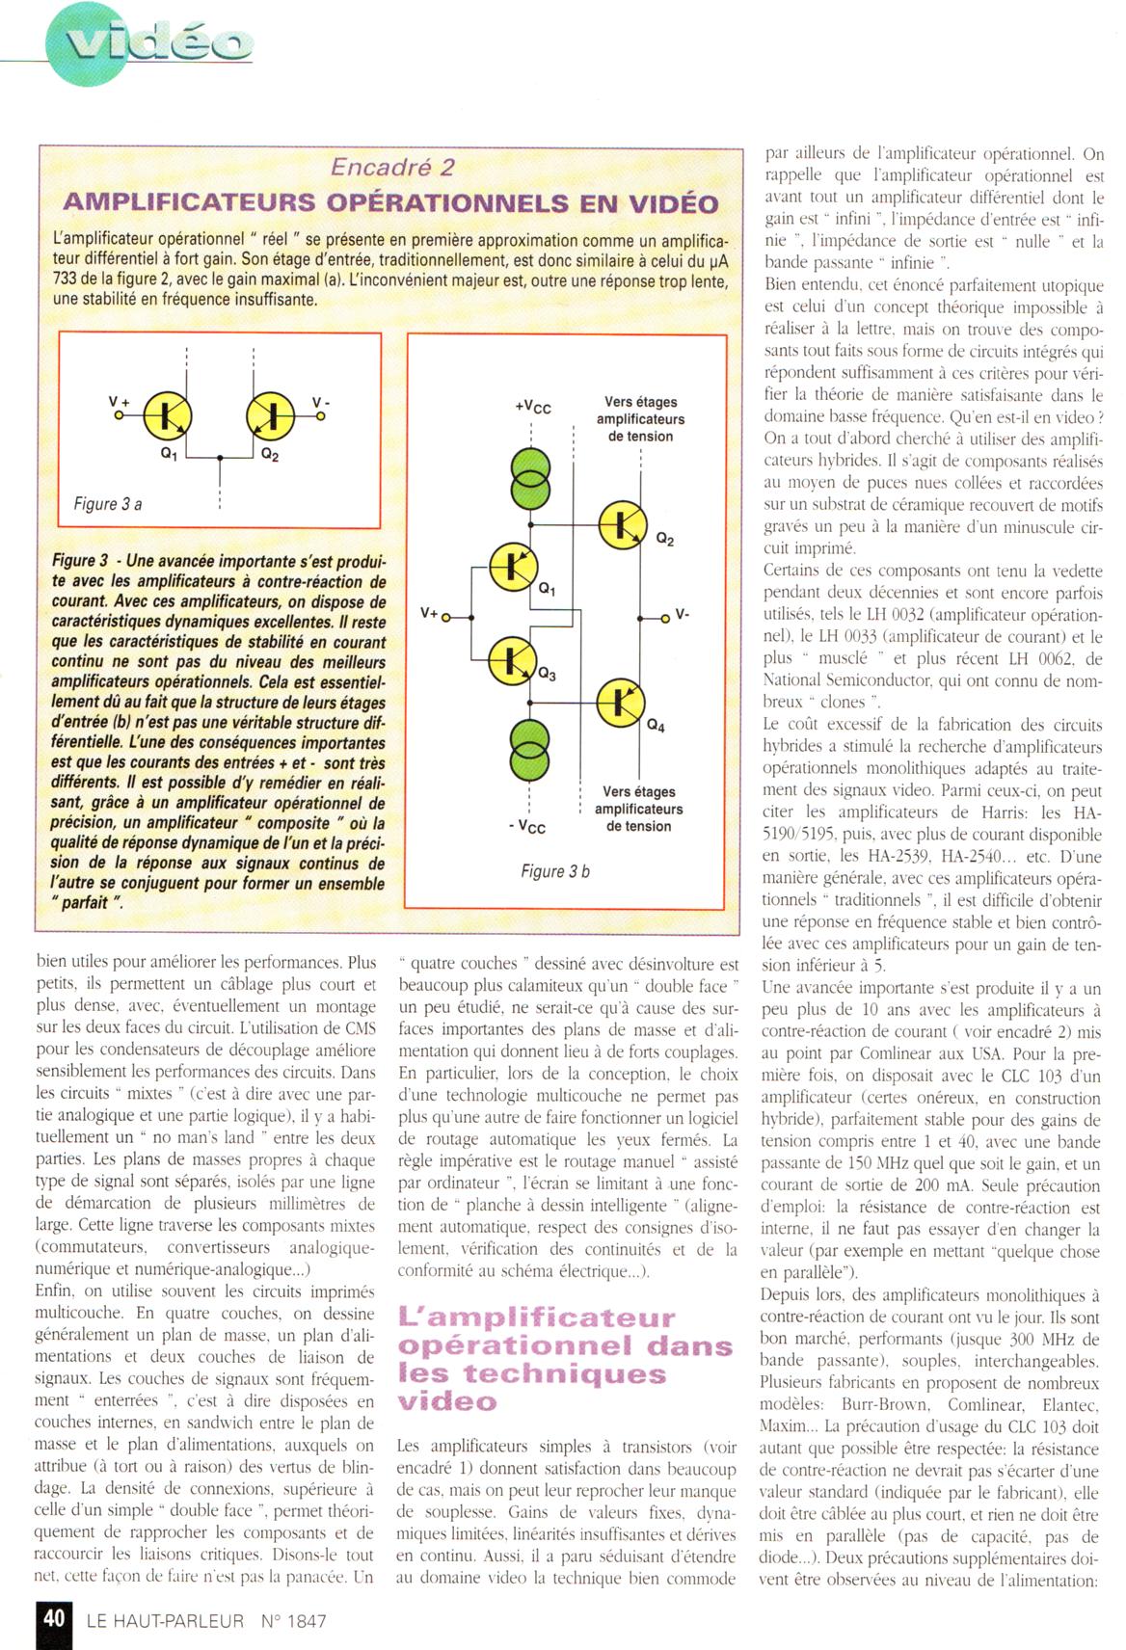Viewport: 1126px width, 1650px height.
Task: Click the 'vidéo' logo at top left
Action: point(149,43)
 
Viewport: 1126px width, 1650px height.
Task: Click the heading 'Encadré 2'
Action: point(391,167)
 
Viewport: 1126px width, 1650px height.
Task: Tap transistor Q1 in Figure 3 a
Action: point(168,415)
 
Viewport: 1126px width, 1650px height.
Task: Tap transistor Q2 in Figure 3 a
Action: point(271,415)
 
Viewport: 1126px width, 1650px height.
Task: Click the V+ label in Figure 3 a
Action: point(119,401)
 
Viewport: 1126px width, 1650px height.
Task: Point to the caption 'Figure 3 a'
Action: point(108,504)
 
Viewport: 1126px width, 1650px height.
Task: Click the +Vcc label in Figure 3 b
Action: point(532,407)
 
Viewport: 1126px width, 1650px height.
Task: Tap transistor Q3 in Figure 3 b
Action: point(512,660)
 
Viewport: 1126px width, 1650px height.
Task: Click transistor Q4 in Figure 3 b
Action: point(620,703)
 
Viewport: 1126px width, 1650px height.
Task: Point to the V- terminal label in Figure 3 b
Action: point(682,614)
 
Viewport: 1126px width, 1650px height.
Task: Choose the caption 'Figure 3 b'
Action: point(554,871)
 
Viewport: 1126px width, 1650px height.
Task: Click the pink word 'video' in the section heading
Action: point(447,1401)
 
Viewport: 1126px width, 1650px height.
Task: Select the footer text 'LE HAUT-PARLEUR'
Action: point(165,1621)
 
